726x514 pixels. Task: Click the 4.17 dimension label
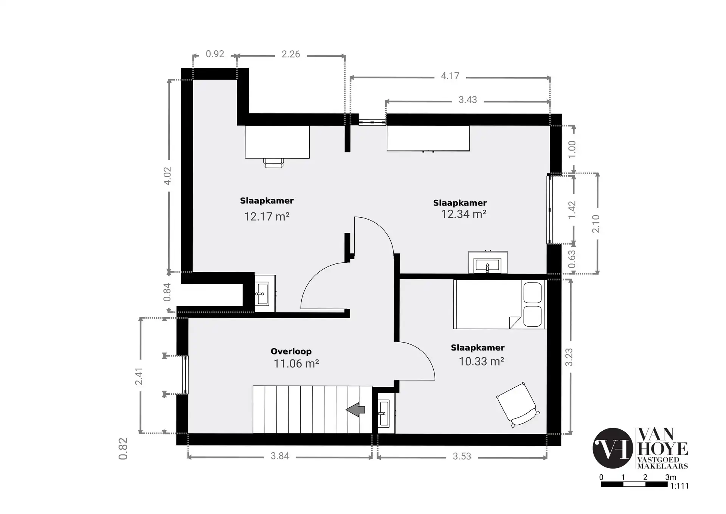point(450,76)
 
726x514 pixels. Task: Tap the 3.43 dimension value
point(468,100)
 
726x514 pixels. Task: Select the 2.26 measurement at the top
point(291,55)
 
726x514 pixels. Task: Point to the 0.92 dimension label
point(215,54)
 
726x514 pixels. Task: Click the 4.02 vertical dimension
point(167,176)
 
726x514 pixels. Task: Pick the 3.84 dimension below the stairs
point(280,456)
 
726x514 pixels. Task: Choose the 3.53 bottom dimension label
point(462,456)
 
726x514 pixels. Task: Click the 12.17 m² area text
point(267,217)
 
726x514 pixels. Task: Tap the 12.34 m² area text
point(464,214)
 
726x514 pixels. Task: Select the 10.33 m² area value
point(481,361)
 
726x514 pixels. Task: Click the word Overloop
point(291,351)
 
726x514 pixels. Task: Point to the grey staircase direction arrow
point(355,410)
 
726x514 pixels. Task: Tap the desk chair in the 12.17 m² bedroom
point(273,163)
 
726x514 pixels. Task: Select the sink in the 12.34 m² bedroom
point(488,262)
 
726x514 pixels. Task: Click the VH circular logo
point(613,448)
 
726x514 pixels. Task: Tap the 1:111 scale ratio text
point(679,486)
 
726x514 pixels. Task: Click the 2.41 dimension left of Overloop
point(139,376)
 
